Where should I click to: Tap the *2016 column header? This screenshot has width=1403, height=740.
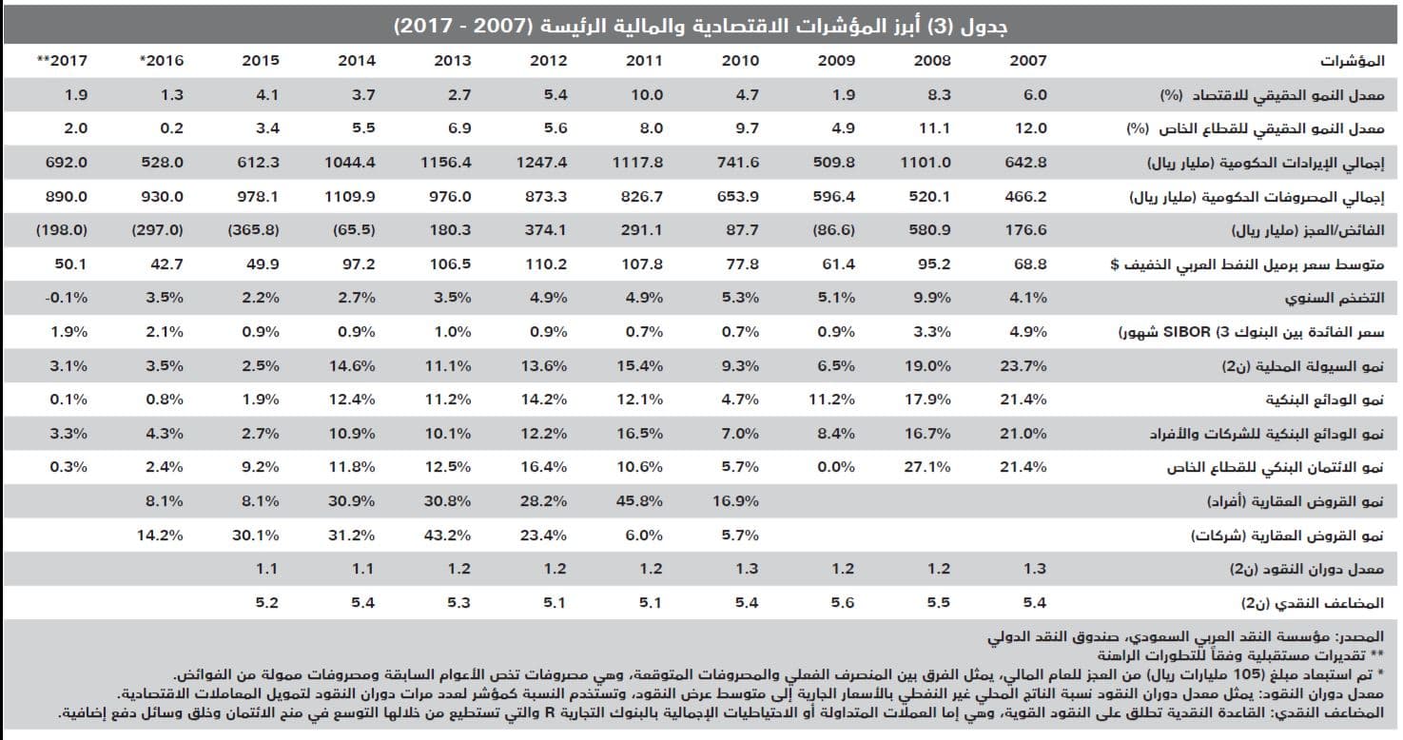coord(161,60)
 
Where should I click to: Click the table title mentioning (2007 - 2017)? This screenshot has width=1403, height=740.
coord(701,26)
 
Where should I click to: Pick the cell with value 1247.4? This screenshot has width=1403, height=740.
coord(541,163)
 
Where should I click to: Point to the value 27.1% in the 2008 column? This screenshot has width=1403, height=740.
coord(928,467)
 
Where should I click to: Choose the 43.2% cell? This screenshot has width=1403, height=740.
coord(447,536)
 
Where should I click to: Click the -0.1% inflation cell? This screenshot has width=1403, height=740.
coord(66,298)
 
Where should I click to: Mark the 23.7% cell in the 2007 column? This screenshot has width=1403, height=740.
coord(1023,366)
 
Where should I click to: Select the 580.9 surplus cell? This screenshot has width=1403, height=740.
coord(928,230)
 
